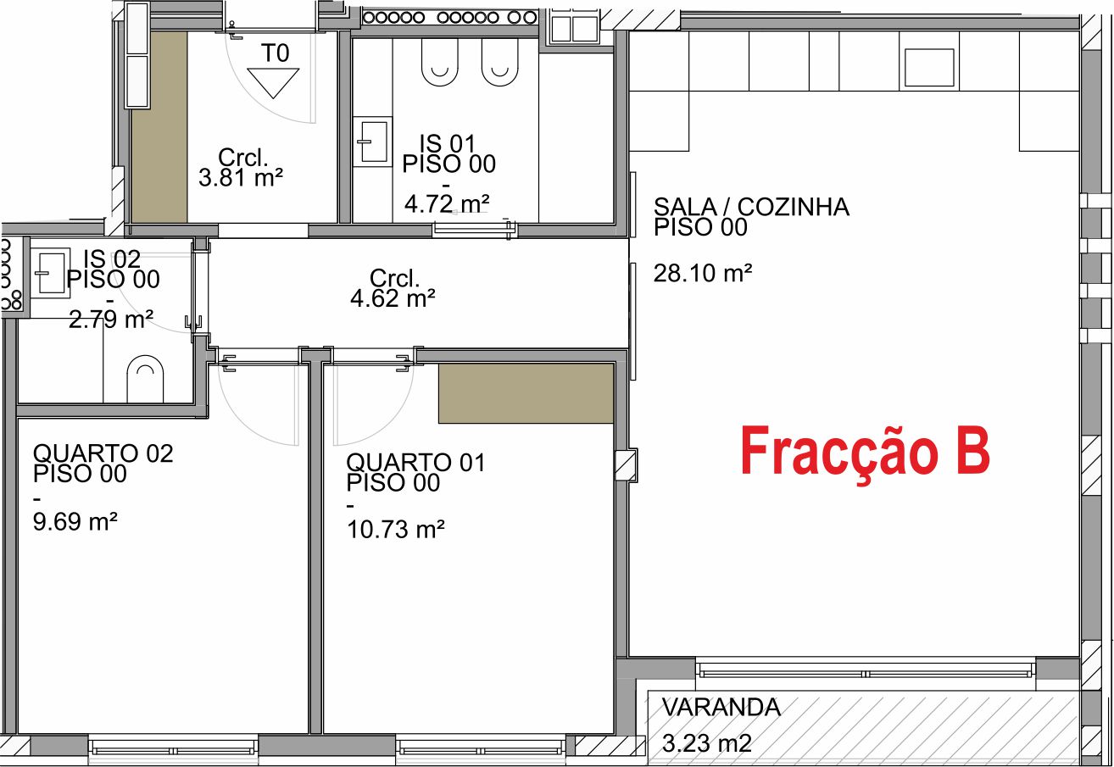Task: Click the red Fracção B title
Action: click(865, 453)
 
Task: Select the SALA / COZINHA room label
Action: click(751, 207)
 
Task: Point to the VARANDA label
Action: click(721, 708)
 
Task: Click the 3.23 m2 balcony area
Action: click(706, 743)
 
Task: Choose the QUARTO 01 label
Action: click(415, 463)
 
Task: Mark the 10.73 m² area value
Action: click(396, 530)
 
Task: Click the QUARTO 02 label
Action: click(103, 453)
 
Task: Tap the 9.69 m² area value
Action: click(75, 521)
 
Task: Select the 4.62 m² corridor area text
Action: click(393, 297)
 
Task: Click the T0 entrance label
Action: click(275, 53)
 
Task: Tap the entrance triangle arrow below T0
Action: click(273, 83)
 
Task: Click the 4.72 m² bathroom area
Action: click(446, 204)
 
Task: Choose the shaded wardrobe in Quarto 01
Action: click(526, 393)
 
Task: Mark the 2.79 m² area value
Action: click(111, 320)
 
